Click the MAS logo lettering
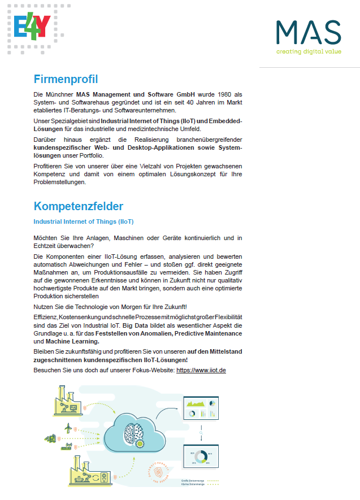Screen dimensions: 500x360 click(x=309, y=33)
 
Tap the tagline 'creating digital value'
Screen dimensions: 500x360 click(x=309, y=51)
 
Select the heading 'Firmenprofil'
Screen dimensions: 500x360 click(x=66, y=79)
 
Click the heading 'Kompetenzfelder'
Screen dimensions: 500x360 click(x=78, y=206)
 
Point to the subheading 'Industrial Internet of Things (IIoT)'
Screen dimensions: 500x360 click(x=84, y=221)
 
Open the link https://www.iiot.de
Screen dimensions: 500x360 click(x=202, y=370)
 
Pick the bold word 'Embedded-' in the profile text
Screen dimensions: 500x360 click(x=225, y=121)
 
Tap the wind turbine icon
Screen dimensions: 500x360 click(x=68, y=428)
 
